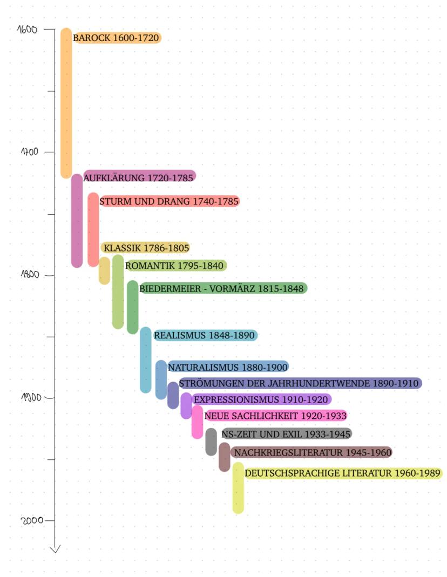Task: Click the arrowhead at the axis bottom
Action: [x=55, y=549]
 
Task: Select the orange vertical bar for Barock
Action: [x=66, y=103]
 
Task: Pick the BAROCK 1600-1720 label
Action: [x=117, y=38]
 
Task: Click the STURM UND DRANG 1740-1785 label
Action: [x=169, y=201]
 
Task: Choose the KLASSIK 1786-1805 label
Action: [x=146, y=248]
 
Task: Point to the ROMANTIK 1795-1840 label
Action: [x=175, y=266]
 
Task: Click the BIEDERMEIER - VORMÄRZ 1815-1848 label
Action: [x=222, y=288]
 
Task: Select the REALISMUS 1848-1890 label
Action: [x=204, y=335]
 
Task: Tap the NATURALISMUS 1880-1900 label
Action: [x=228, y=367]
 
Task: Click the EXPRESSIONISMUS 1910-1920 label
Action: [x=261, y=399]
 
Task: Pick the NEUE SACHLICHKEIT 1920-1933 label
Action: [x=275, y=416]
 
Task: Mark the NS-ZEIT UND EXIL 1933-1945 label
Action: [x=286, y=433]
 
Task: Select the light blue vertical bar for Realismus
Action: [x=145, y=359]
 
